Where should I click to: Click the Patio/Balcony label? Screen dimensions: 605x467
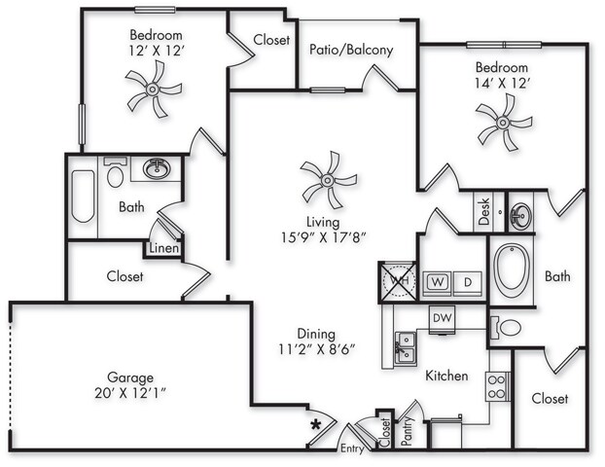[x=350, y=50]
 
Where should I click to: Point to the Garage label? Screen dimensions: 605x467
[x=131, y=377]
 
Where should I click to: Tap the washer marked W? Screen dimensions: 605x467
[x=438, y=281]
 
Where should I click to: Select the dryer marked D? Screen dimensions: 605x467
[x=467, y=281]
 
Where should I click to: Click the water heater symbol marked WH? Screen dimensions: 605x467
[x=398, y=281]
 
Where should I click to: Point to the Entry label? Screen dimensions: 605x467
[x=352, y=449]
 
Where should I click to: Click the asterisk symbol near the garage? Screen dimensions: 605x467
[x=315, y=425]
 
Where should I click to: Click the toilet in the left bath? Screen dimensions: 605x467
[x=116, y=176]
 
